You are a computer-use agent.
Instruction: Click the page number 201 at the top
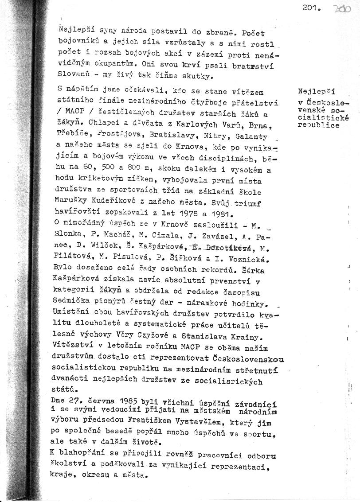click(311, 8)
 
